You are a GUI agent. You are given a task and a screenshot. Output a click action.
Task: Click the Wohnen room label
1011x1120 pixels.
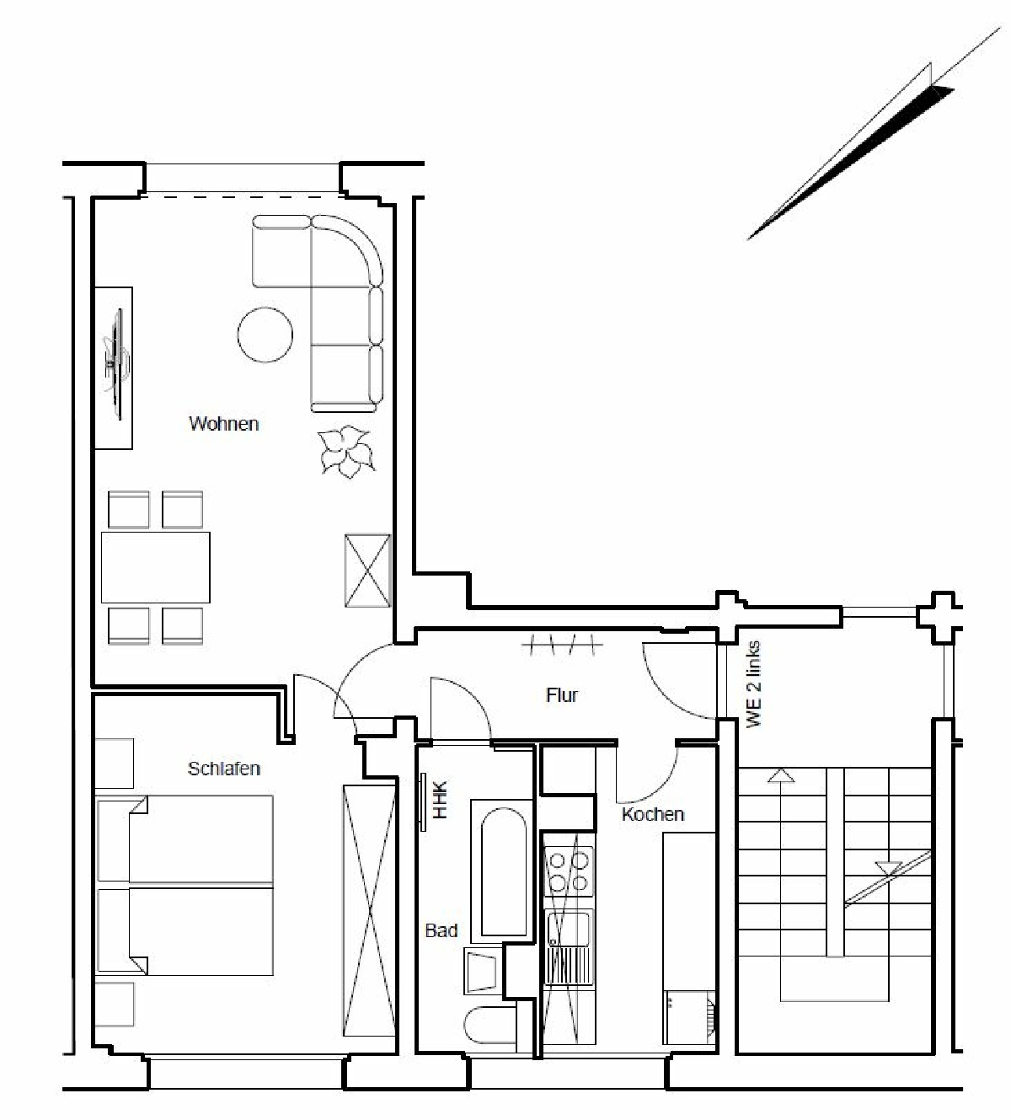[224, 424]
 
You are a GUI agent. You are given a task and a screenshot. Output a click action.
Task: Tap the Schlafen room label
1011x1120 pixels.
[224, 769]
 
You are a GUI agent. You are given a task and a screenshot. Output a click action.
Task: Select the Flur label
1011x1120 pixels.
[562, 695]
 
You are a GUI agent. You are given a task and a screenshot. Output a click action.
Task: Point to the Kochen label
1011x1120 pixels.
[653, 814]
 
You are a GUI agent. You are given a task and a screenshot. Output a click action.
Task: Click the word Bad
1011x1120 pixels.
[441, 930]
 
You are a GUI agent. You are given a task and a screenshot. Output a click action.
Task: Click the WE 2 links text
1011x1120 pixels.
[754, 684]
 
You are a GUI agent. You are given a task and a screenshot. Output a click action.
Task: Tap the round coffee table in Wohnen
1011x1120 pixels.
[265, 335]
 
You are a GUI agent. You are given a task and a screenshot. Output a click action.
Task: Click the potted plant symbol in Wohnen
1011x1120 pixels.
[346, 451]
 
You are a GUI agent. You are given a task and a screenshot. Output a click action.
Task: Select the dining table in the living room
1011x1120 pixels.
[156, 567]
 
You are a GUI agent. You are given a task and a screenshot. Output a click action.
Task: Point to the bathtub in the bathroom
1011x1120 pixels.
[504, 872]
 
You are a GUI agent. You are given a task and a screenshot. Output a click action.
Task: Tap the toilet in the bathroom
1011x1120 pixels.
[491, 1025]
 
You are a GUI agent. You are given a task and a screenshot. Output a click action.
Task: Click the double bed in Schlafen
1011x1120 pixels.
[185, 886]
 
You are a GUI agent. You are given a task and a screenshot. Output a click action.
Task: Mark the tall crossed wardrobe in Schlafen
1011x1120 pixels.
[369, 910]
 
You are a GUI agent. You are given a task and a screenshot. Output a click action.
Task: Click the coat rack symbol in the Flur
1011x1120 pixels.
[562, 645]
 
